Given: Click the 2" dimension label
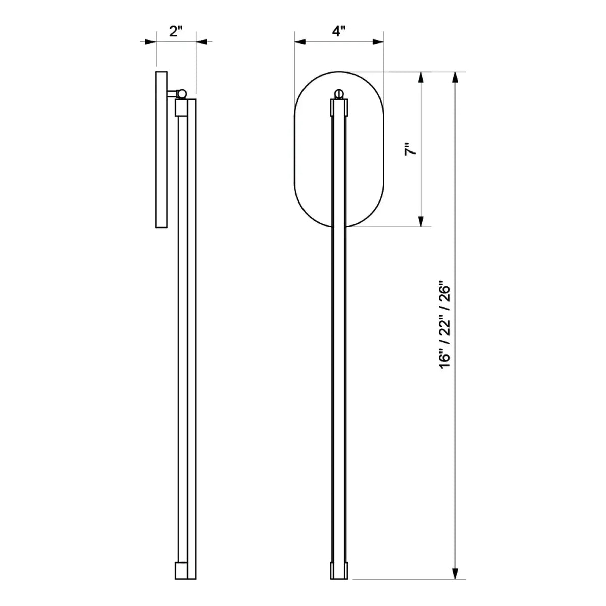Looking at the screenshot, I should (x=175, y=31).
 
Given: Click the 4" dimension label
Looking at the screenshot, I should (x=338, y=31).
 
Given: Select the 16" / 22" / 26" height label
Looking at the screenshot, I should (x=444, y=325).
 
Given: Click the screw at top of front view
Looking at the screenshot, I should (x=339, y=93).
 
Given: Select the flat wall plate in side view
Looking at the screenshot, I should (x=161, y=149).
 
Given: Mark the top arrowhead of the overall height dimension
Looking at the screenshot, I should (x=456, y=78).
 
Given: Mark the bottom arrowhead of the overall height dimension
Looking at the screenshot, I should (x=456, y=572).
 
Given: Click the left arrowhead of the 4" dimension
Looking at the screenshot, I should (x=300, y=42).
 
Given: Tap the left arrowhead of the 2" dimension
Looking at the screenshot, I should (x=150, y=42).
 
